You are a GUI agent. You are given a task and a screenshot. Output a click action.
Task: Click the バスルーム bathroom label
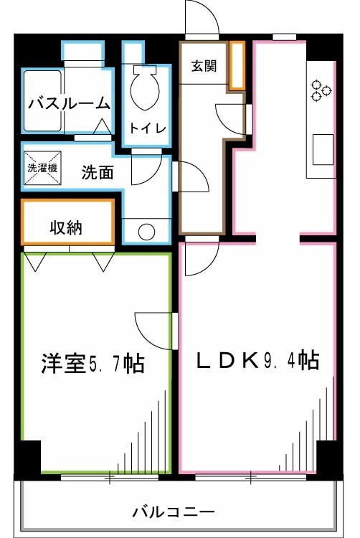(70, 104)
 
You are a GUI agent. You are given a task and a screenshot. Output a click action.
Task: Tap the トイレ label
(148, 128)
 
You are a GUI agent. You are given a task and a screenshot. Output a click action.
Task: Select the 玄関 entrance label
(204, 66)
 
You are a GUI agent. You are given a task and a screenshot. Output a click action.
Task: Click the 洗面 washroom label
(97, 172)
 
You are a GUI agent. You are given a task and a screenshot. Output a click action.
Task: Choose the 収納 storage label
(66, 229)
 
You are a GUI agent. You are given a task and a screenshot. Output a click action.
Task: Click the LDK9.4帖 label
(257, 361)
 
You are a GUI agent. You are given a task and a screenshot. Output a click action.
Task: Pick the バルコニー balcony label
(173, 513)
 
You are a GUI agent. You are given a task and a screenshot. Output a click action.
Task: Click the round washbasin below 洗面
(146, 232)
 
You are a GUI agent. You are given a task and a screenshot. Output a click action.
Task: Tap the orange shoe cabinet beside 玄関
(237, 65)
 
